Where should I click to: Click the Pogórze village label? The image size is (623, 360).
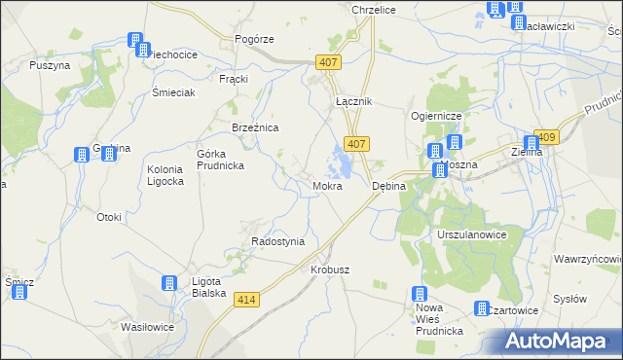click(x=254, y=39)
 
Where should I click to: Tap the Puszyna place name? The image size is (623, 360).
click(x=50, y=65)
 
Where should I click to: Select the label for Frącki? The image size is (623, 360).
click(x=235, y=78)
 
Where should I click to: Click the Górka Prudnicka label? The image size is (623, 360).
click(x=220, y=159)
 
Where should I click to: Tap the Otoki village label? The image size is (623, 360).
click(x=108, y=217)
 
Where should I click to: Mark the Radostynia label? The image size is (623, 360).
click(x=278, y=241)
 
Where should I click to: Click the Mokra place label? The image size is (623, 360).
click(x=327, y=185)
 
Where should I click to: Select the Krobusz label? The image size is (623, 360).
click(x=330, y=270)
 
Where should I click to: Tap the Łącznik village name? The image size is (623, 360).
click(x=353, y=101)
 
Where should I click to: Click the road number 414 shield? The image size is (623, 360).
click(x=246, y=301)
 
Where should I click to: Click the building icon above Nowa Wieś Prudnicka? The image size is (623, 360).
click(x=420, y=295)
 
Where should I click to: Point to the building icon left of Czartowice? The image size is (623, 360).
click(x=483, y=308)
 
